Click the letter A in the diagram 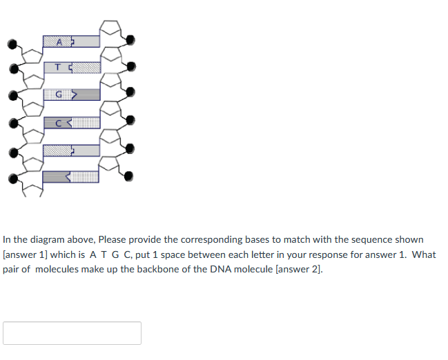[59, 41]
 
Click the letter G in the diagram [59, 94]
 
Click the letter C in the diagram [59, 123]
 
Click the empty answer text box [72, 333]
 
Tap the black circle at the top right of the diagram [131, 39]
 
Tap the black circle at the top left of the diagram [12, 43]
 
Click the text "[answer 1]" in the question [26, 254]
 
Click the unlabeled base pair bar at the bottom [70, 177]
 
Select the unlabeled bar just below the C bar [70, 150]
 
